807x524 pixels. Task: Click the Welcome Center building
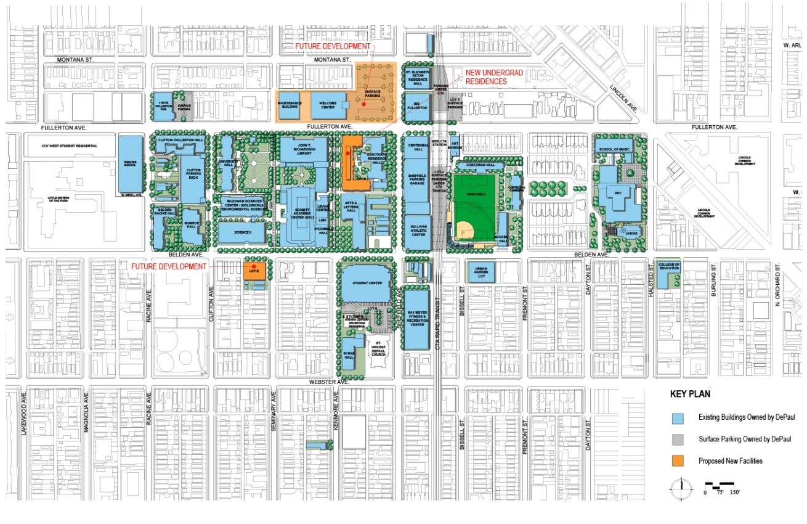(326, 105)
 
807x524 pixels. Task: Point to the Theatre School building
(130, 164)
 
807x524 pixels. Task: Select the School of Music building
(614, 149)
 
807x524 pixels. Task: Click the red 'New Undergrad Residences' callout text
(494, 76)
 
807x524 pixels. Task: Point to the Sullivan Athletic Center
(418, 232)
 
